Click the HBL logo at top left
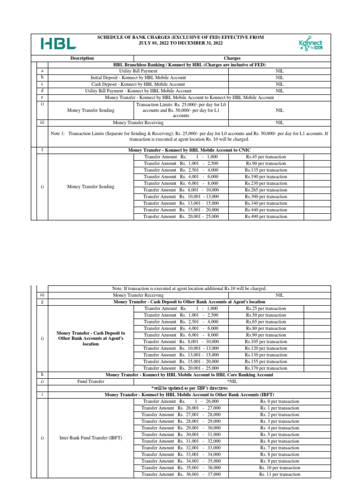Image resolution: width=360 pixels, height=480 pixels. point(59,44)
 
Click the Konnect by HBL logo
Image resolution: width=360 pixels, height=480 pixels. point(310,44)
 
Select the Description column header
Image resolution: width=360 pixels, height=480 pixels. point(82,58)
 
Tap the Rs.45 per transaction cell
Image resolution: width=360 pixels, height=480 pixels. point(266,157)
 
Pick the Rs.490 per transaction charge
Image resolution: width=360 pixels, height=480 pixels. point(266,217)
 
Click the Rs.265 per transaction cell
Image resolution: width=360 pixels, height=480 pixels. point(266,190)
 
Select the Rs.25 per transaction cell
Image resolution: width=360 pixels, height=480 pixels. point(266,308)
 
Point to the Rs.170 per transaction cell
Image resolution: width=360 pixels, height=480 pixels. point(266,368)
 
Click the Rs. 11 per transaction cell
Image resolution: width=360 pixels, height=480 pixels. point(279,474)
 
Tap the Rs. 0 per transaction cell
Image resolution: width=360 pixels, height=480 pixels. point(279,401)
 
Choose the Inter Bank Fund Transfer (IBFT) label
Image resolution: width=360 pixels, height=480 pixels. point(90,438)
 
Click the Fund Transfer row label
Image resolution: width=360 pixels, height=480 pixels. point(90,382)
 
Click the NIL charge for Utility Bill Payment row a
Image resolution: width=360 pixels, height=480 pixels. point(279,70)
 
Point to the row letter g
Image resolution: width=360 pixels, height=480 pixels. point(42,302)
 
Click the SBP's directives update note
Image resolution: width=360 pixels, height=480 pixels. point(189,388)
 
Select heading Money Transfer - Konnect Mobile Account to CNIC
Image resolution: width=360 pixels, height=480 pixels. point(189,150)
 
